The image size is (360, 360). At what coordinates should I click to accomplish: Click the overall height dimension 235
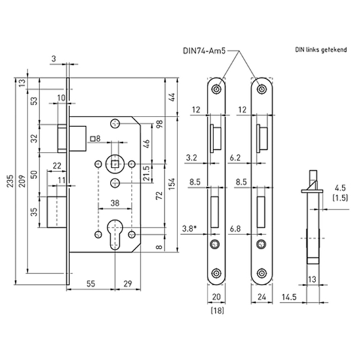click(x=10, y=185)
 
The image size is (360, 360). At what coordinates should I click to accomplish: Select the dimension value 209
click(x=24, y=185)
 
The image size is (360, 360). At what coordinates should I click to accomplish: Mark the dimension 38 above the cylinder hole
click(x=115, y=204)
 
